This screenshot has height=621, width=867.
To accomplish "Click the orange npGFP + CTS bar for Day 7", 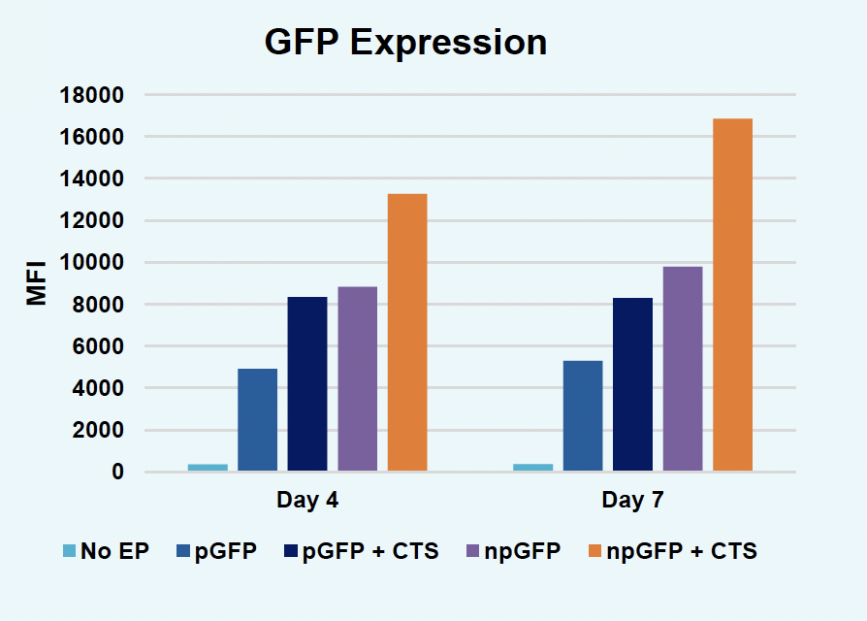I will point(732,295).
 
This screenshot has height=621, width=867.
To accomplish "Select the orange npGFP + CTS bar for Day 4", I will point(407,333).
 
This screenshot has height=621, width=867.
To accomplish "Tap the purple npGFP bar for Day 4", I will point(357,379).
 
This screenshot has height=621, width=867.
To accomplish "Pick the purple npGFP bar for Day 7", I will point(683,369).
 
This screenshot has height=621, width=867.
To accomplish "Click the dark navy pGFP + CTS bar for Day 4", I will point(307,384).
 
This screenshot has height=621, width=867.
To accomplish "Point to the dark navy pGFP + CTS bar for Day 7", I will point(632,384).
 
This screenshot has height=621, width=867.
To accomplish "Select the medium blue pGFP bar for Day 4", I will point(257,420).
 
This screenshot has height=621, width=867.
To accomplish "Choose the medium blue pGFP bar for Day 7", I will point(583,416).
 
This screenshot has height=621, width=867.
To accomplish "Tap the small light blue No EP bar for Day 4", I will point(208,468).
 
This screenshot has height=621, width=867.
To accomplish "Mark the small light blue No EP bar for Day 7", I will point(532,468).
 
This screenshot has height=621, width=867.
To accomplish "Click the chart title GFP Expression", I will point(405,43).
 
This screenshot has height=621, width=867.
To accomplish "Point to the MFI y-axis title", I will point(36,283).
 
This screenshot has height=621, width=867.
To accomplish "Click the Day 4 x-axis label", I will point(307,501).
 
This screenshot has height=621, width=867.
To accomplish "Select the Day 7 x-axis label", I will point(632,501).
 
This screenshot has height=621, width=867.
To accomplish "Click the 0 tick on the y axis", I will point(117,473).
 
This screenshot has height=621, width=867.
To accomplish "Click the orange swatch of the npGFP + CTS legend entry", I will point(594,552).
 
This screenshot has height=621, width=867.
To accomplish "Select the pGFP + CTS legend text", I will point(370,552).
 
